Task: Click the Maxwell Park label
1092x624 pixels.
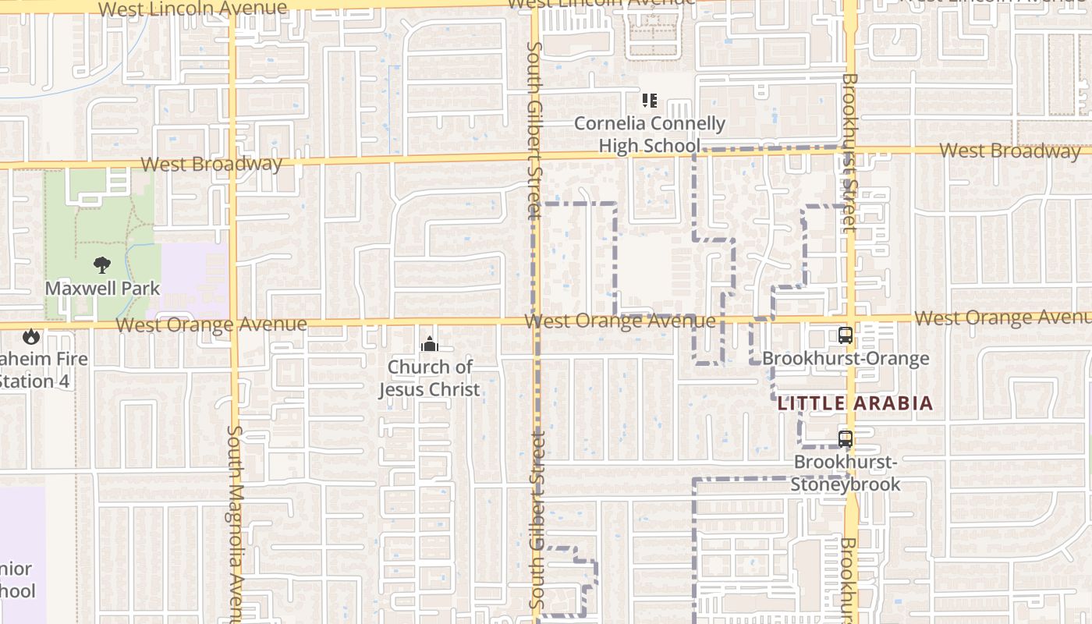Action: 102,288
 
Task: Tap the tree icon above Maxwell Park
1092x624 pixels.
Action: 102,265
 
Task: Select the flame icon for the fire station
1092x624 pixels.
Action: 31,336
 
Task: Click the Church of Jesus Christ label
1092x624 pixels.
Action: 430,378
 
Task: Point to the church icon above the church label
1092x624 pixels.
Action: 429,344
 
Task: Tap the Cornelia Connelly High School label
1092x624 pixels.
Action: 650,134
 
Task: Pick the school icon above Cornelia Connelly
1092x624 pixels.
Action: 650,101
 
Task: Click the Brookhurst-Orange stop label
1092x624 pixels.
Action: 846,359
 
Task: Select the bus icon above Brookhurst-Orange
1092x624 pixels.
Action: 846,335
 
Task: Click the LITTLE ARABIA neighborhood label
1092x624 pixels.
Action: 855,403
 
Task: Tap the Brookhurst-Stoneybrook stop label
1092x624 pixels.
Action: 846,473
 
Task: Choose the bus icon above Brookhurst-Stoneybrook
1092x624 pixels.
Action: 846,438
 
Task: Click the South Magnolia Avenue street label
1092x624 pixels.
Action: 236,523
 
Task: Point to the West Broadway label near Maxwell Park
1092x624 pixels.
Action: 211,164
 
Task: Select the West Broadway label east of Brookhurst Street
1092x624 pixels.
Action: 1009,151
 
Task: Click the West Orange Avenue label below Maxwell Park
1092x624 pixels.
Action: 211,324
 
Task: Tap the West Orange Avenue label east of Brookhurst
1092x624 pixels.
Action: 1002,317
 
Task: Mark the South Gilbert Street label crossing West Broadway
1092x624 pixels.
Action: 534,131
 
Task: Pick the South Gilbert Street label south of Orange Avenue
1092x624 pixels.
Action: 537,519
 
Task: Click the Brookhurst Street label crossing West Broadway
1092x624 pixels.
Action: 849,152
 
